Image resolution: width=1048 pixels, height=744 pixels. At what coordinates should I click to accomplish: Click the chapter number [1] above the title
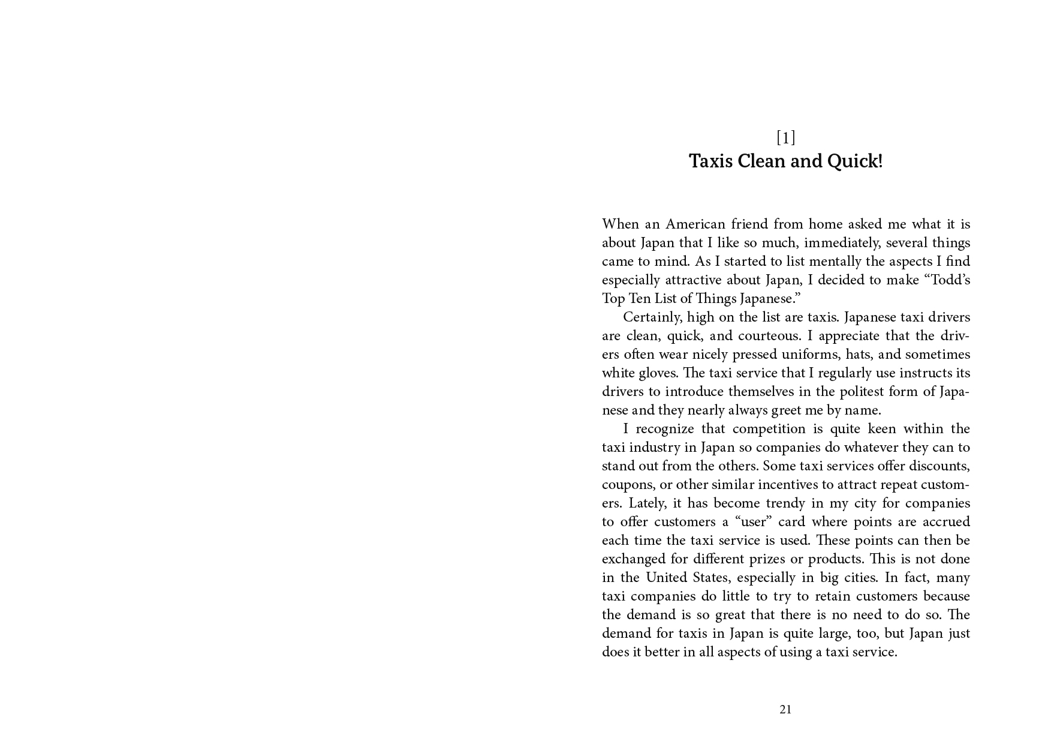pos(785,138)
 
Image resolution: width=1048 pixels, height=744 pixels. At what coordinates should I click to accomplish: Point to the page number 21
pos(785,710)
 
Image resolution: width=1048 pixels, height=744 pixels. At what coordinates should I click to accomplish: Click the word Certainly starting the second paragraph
pos(651,317)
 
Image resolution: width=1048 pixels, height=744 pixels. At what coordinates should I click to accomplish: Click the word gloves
pos(658,373)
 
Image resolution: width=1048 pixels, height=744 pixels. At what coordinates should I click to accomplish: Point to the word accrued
pos(945,522)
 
